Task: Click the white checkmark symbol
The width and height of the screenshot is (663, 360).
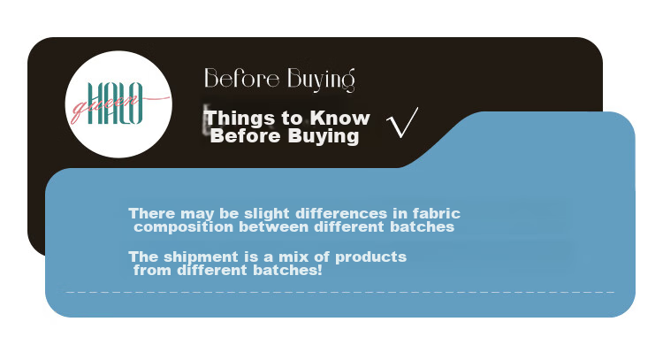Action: [401, 123]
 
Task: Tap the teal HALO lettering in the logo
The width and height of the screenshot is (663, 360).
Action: [115, 103]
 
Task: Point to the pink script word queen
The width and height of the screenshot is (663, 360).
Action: [106, 106]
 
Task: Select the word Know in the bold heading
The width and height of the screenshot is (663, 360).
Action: [340, 118]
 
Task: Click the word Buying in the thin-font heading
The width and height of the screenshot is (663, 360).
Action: [321, 80]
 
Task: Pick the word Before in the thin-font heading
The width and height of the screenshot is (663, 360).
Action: [242, 78]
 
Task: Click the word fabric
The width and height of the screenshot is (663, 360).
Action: [437, 213]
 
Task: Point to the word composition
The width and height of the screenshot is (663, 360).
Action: [184, 227]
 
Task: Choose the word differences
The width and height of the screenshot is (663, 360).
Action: [341, 213]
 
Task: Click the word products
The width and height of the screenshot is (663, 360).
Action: [370, 257]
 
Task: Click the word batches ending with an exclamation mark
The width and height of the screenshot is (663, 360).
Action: [288, 270]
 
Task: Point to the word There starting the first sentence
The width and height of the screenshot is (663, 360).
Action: [152, 213]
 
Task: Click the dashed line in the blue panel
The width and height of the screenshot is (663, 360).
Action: [340, 292]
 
